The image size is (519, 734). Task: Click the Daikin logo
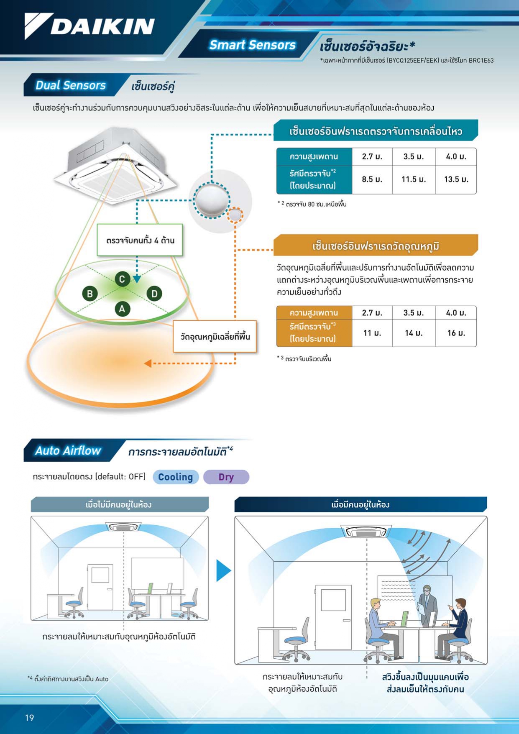tap(89, 26)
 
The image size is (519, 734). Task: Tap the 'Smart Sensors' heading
tap(252, 45)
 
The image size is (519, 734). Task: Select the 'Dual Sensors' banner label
tap(71, 85)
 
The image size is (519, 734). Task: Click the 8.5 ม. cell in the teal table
tap(372, 179)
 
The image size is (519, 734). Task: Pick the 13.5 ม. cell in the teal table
tap(456, 179)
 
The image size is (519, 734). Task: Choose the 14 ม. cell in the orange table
tap(414, 333)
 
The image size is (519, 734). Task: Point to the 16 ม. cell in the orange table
tap(456, 333)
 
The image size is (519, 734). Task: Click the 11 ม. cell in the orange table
tap(372, 333)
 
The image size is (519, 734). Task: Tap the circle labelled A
tap(122, 309)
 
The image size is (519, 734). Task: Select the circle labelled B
tap(90, 294)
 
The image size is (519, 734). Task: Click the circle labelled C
tap(122, 279)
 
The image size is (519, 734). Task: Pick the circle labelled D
tap(154, 294)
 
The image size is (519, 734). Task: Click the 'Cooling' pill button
tap(176, 477)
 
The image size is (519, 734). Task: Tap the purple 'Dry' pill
tap(226, 477)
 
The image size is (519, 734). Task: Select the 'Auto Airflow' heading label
tap(68, 450)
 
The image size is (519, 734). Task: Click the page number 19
tap(29, 718)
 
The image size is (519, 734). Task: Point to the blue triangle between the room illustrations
tap(223, 570)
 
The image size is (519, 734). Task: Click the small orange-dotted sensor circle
tap(235, 215)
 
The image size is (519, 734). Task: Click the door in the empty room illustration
tap(100, 587)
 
